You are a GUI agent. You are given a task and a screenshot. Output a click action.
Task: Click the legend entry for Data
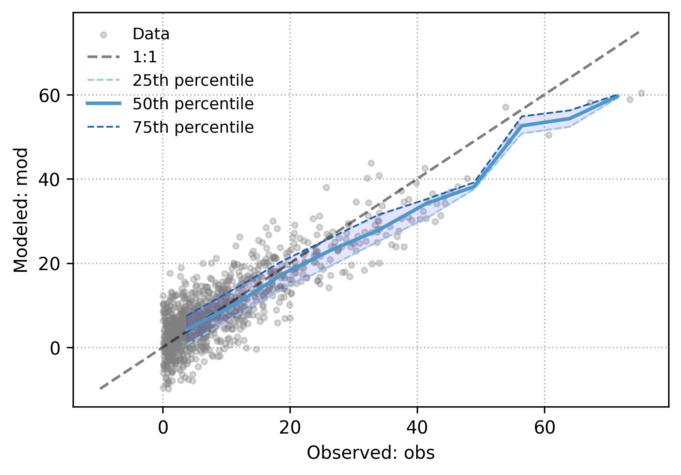151,34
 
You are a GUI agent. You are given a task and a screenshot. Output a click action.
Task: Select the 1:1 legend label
145,57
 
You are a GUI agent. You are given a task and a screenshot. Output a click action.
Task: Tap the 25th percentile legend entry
193,81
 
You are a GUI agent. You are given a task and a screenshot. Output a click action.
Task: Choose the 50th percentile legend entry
193,104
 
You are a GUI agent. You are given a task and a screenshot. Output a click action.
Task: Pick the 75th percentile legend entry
193,128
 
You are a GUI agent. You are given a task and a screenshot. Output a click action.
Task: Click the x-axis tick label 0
163,427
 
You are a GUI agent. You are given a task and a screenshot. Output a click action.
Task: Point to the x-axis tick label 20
290,427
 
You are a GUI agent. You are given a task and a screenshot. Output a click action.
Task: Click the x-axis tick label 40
417,427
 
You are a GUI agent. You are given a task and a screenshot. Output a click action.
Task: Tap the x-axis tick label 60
544,427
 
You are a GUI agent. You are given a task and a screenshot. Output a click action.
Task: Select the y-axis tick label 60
49,96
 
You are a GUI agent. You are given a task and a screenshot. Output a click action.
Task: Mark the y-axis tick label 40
49,180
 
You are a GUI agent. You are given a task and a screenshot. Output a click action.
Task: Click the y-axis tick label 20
49,264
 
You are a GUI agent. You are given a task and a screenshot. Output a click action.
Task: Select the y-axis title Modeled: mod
20,210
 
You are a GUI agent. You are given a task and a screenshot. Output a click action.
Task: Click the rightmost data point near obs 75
641,93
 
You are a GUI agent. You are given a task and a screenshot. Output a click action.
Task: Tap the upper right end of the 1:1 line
639,32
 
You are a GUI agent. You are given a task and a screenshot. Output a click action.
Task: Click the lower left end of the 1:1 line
100,389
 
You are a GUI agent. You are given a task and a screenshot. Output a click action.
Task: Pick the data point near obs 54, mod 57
506,108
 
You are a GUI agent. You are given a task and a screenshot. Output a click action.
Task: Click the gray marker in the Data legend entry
103,35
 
